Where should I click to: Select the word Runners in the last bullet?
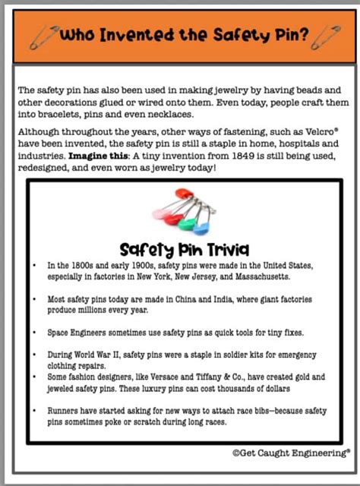[63, 410]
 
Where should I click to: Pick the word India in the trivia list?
[196, 299]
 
